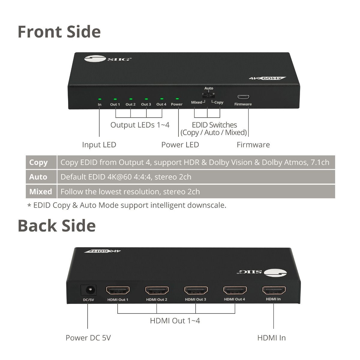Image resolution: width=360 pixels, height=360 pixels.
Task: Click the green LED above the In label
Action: tap(100, 99)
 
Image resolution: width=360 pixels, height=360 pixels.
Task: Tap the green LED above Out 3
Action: tap(146, 99)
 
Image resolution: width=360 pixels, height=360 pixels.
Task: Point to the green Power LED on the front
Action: tap(177, 99)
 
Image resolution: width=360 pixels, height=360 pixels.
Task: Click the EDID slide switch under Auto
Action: tap(208, 95)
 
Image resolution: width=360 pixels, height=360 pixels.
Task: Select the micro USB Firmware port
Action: tap(243, 97)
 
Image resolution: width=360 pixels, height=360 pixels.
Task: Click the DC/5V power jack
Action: tap(88, 290)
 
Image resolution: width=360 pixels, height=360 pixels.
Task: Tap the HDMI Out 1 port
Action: tap(118, 290)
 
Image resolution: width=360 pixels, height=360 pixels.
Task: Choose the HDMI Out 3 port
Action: tap(196, 290)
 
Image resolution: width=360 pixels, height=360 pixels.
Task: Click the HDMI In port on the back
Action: tap(274, 290)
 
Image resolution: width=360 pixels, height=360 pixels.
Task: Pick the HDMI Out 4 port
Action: tap(235, 290)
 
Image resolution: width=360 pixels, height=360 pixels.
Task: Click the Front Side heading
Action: tap(59, 31)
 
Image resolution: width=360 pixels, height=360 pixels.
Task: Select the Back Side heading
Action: tap(57, 226)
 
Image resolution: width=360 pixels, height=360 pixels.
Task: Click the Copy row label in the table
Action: tap(38, 162)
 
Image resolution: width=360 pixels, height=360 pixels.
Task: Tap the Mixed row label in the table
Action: tap(40, 191)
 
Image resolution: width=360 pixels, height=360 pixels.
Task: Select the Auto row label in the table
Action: tap(38, 177)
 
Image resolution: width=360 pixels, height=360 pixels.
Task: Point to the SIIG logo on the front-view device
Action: tap(108, 59)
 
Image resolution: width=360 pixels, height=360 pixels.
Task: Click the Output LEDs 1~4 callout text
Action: tap(140, 125)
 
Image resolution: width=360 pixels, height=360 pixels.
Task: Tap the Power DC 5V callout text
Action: tap(88, 338)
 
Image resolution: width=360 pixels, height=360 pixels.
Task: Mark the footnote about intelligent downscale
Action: tap(127, 205)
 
